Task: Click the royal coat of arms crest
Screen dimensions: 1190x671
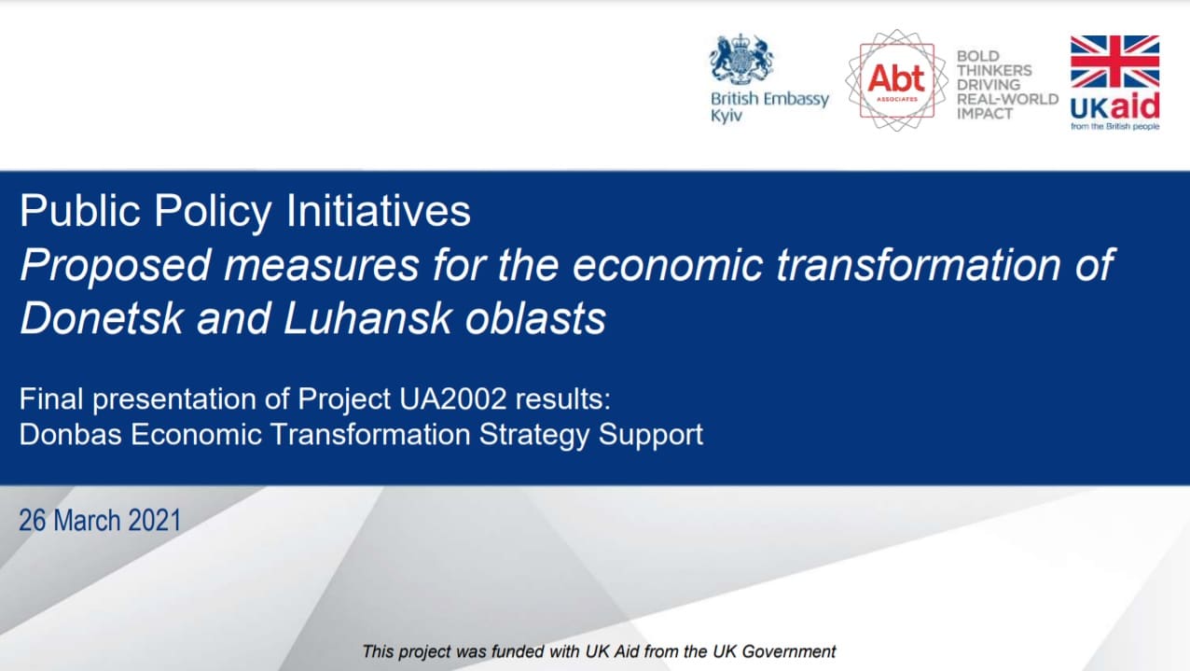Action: click(x=741, y=60)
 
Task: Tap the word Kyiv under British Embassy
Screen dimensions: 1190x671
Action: click(x=726, y=116)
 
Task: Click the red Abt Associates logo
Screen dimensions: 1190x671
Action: click(x=897, y=80)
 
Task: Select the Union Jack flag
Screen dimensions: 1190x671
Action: click(x=1114, y=62)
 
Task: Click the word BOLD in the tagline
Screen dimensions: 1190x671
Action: click(x=978, y=56)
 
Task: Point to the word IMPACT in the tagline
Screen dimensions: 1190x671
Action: click(x=985, y=114)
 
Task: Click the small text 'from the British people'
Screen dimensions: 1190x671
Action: click(x=1114, y=127)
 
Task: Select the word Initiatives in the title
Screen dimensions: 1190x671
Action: click(x=379, y=211)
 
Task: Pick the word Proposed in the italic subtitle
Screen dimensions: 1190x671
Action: click(x=116, y=266)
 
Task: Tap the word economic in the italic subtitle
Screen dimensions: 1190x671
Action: click(x=668, y=265)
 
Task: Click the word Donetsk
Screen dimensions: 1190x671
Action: click(x=102, y=318)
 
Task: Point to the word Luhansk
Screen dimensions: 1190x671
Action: click(x=367, y=318)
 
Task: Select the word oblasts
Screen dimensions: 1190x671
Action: click(x=535, y=318)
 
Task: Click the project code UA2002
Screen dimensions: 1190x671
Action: click(x=453, y=398)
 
